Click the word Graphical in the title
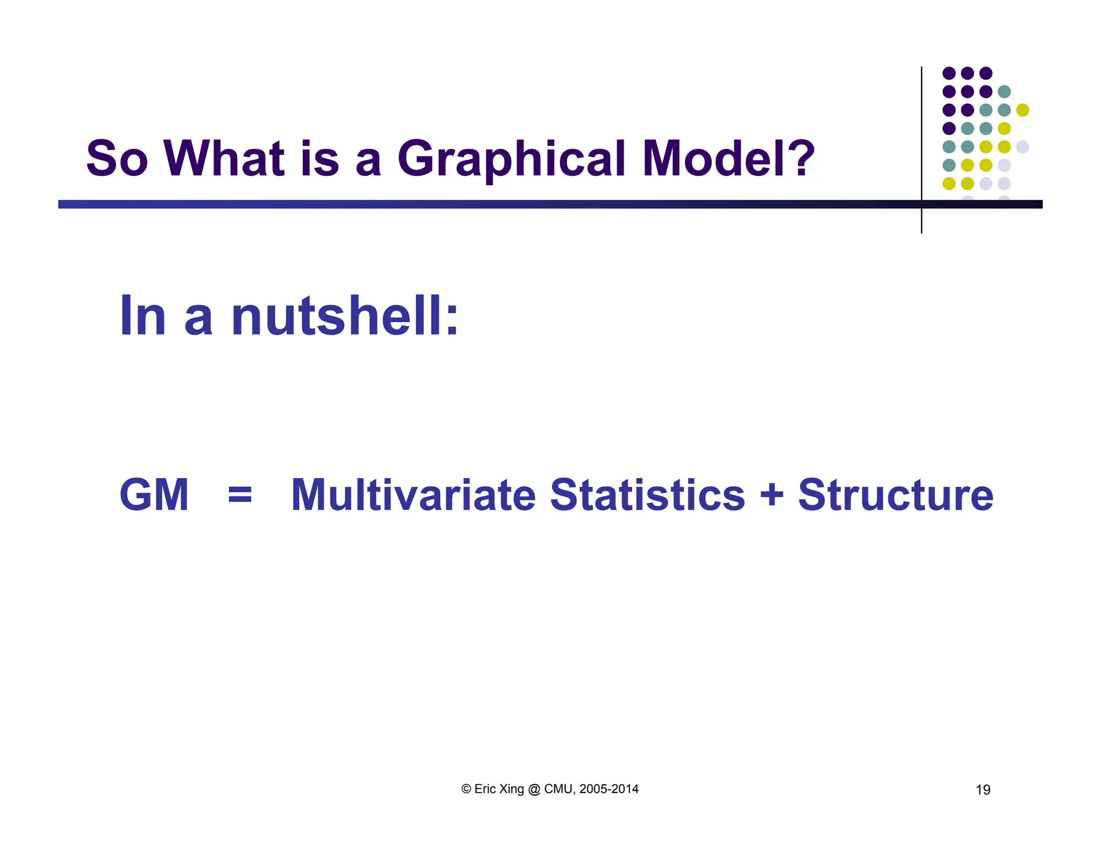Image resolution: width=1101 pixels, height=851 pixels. tap(511, 159)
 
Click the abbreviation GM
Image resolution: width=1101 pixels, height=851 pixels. tap(154, 495)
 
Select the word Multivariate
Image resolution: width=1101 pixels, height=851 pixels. tap(413, 495)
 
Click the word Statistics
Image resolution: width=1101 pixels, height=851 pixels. tap(647, 495)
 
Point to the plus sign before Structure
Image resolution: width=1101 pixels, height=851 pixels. tap(771, 494)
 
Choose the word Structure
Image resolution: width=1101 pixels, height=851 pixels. tap(895, 495)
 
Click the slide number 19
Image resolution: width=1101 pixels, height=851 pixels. tap(983, 790)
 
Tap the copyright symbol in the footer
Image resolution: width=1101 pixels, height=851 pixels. tap(466, 789)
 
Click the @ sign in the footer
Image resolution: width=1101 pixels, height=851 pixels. tap(534, 789)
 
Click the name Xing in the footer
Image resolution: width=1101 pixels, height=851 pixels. tap(511, 789)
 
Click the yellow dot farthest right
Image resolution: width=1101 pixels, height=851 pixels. tap(1023, 110)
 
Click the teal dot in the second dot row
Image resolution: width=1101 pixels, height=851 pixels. tap(1004, 91)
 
